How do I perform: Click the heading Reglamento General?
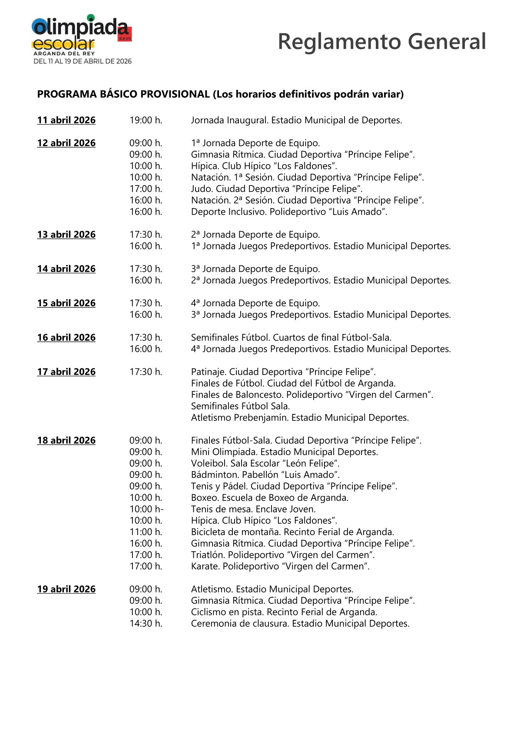pyautogui.click(x=381, y=42)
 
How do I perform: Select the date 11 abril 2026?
pyautogui.click(x=66, y=120)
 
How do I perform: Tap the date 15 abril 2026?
pyautogui.click(x=66, y=303)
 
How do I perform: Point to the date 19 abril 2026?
pyautogui.click(x=66, y=589)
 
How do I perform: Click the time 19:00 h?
pyautogui.click(x=146, y=120)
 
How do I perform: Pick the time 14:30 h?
pyautogui.click(x=146, y=623)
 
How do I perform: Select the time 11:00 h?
pyautogui.click(x=146, y=532)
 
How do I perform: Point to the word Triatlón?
pyautogui.click(x=208, y=555)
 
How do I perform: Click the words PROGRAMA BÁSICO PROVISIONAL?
pyautogui.click(x=123, y=94)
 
